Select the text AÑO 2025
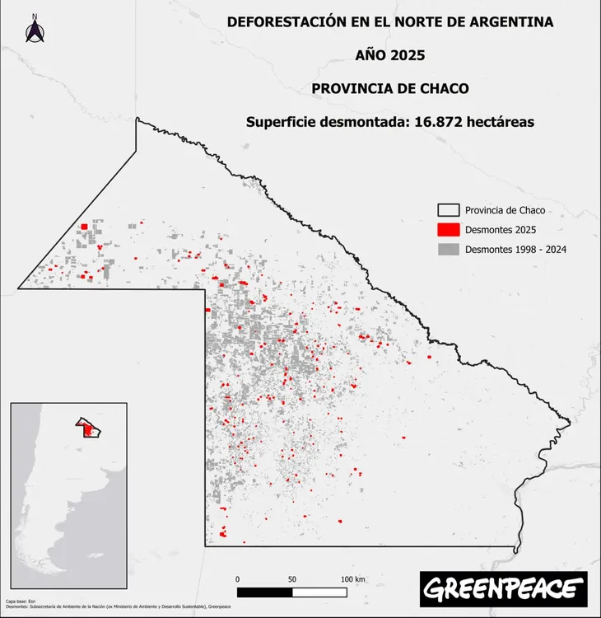390,55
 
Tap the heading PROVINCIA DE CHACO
390,88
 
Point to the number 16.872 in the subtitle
444,121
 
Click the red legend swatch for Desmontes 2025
447,229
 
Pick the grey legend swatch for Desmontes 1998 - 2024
447,249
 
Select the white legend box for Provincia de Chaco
447,210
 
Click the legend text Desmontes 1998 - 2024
515,249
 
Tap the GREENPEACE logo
503,588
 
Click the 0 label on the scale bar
237,579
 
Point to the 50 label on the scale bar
292,579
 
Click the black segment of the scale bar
264,592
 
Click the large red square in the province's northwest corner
84,228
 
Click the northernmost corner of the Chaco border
137,119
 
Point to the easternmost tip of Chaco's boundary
570,424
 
